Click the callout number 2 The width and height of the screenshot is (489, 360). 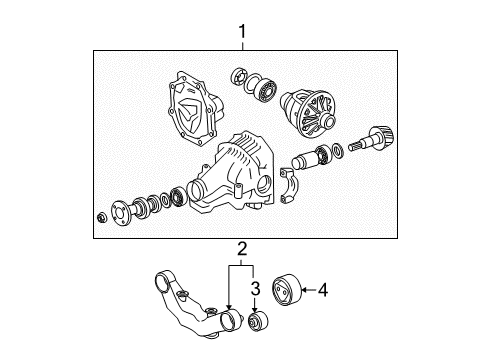tap(240, 247)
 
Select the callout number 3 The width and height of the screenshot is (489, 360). tap(255, 290)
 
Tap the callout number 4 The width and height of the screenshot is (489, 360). tap(323, 290)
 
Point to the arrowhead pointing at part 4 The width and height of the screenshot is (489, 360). tap(306, 290)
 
